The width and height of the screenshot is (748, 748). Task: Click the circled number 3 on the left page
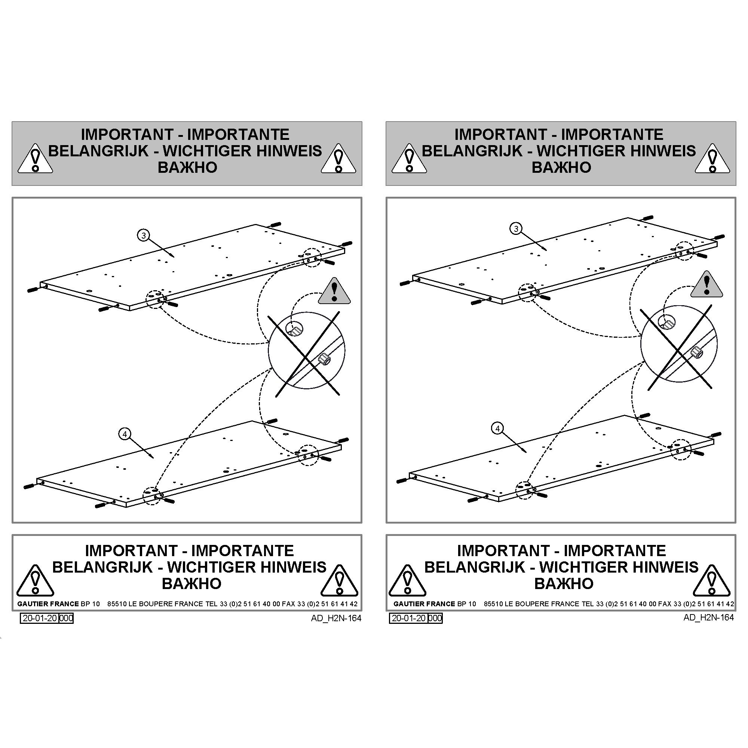144,235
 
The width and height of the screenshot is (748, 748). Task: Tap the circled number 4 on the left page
125,434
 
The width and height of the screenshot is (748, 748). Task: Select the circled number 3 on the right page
516,229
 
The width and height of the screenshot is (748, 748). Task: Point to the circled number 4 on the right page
497,428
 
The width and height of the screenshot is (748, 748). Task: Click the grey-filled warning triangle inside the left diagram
334,291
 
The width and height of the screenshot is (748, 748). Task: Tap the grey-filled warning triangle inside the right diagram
707,285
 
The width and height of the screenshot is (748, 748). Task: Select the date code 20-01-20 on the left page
40,618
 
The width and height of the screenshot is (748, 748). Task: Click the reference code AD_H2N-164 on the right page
708,617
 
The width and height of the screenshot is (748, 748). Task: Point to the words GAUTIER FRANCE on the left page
48,604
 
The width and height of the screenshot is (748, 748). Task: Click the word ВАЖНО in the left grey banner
187,167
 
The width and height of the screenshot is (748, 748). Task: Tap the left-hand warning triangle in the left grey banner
35,159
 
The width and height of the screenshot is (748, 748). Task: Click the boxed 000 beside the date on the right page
435,618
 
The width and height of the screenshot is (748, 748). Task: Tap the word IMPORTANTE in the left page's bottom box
243,551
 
